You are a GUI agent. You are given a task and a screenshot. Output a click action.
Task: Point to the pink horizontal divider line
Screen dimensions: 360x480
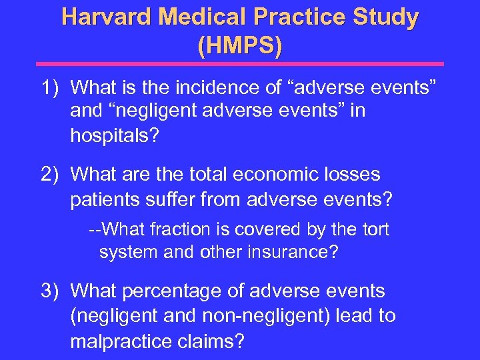point(240,64)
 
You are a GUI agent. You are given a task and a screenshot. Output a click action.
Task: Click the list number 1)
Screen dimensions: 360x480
point(52,87)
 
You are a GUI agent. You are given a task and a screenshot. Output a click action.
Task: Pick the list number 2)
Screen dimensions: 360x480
point(52,175)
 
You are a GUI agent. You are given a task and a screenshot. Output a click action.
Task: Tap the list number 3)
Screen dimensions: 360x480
point(52,291)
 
